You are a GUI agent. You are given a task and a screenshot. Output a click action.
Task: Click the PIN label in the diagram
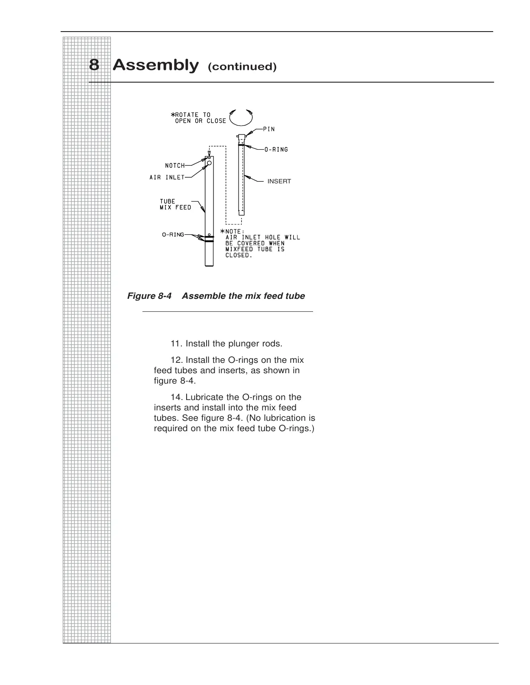[x=269, y=129]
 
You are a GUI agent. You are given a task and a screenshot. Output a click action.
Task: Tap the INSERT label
[x=279, y=181]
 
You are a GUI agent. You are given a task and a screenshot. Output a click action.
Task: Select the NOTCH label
[x=175, y=166]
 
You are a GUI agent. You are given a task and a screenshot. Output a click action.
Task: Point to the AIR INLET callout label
[x=167, y=177]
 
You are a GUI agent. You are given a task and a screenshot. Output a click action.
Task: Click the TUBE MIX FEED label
[x=175, y=204]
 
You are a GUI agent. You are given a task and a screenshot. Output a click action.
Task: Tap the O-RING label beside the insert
[x=276, y=150]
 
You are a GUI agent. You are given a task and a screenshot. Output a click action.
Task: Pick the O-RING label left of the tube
[x=173, y=235]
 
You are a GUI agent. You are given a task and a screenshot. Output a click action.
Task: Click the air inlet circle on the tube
[x=209, y=163]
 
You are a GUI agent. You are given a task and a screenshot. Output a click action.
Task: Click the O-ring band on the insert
[x=242, y=145]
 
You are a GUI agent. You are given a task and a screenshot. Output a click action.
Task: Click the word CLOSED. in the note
[x=238, y=255]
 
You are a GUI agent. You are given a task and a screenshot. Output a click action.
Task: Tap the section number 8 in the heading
[x=94, y=65]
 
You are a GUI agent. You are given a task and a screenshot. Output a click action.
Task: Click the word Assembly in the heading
[x=155, y=65]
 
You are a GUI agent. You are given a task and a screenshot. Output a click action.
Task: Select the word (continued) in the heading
[x=242, y=67]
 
